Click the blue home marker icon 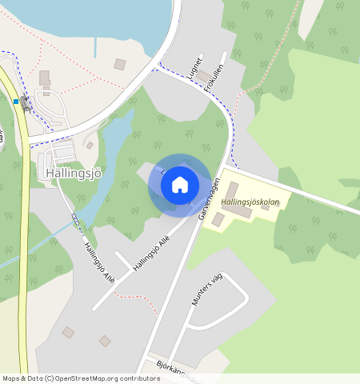point(180,185)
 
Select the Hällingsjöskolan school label point(250,202)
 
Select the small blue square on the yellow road point(16,102)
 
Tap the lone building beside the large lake point(120,64)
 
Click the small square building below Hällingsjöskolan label point(218,218)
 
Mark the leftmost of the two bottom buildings point(68,332)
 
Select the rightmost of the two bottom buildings point(105,342)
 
